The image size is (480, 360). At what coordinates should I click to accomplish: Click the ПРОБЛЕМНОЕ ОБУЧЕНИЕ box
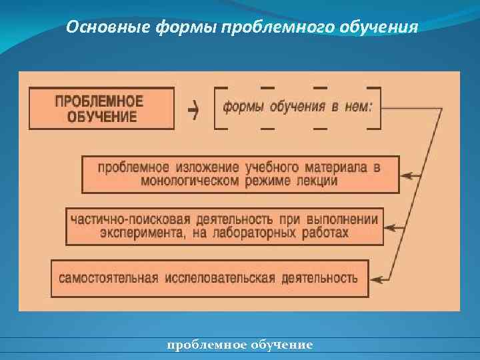coord(100,109)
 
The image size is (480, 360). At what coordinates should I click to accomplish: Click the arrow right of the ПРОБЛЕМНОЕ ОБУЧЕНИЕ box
coord(193,110)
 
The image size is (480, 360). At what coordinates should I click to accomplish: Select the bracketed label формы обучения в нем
coord(297,107)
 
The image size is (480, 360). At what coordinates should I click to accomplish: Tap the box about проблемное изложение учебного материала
coord(240,174)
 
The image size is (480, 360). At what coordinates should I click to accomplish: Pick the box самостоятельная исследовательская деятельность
coord(209,278)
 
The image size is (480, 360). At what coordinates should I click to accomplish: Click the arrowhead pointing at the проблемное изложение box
coord(408,176)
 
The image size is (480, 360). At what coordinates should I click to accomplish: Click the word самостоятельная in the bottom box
coord(108,278)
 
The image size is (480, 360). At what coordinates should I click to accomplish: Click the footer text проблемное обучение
coord(239,345)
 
